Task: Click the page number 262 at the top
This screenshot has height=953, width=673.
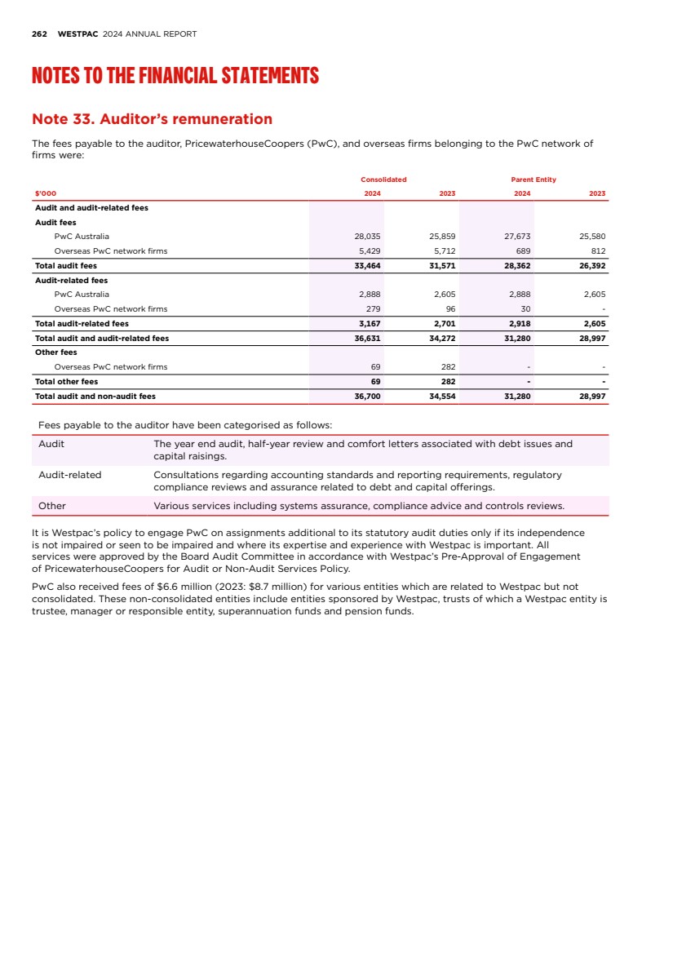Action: [x=38, y=34]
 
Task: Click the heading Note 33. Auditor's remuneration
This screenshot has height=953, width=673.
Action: [x=152, y=119]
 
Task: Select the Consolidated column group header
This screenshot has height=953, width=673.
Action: [x=383, y=180]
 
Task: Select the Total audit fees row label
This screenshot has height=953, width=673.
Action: [x=65, y=266]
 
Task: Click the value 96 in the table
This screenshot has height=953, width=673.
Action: [x=450, y=308]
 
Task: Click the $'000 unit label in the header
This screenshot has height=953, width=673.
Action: [x=45, y=193]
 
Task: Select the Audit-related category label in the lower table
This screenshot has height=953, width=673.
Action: [x=70, y=475]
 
